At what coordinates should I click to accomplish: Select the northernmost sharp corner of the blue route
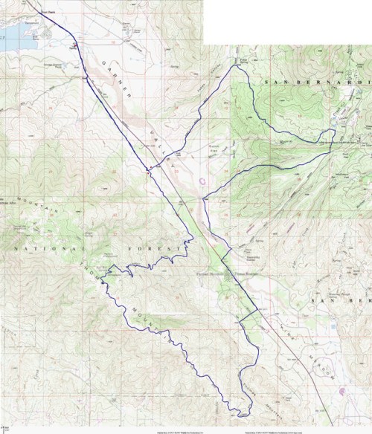(x=237, y=66)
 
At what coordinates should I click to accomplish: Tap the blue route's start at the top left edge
(x=37, y=2)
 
